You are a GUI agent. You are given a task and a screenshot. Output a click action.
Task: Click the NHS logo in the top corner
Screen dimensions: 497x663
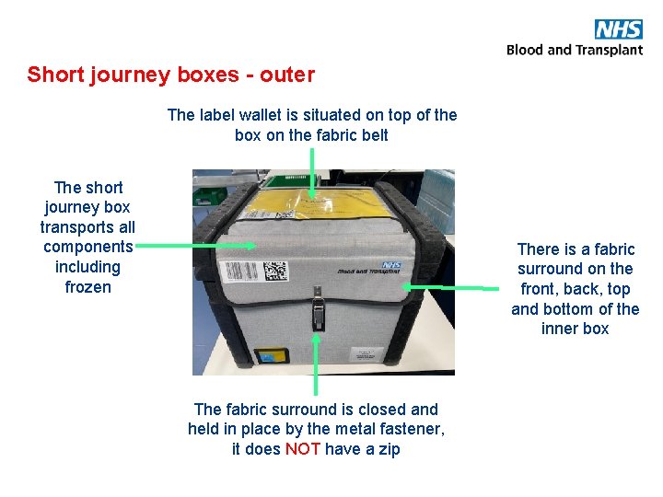click(x=618, y=29)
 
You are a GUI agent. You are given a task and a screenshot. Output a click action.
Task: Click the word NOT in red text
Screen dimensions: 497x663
click(x=303, y=449)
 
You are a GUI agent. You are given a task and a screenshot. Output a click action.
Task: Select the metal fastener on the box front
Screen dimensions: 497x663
click(x=318, y=308)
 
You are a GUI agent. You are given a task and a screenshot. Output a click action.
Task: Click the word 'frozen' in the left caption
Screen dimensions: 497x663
click(x=87, y=287)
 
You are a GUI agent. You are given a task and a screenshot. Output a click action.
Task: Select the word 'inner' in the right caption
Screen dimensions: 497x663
click(x=559, y=329)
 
